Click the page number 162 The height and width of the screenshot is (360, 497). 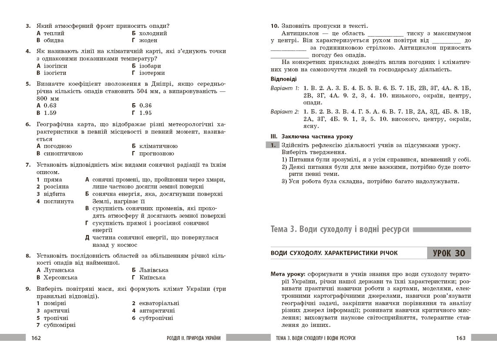click(36, 338)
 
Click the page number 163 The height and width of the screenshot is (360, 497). click(460, 338)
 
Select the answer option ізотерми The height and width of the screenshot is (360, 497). click(152, 73)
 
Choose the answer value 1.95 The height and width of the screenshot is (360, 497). click(145, 113)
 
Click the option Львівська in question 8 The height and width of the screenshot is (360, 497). click(154, 270)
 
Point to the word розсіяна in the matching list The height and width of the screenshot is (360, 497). click(56, 186)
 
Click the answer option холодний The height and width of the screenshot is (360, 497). click(153, 33)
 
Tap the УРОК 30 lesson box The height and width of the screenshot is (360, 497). click(449, 253)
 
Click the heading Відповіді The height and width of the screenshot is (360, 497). click(283, 79)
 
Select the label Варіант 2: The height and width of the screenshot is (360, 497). click(285, 111)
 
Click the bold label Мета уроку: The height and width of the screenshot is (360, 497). click(288, 274)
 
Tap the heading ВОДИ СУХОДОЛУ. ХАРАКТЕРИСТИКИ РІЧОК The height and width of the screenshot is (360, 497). click(334, 253)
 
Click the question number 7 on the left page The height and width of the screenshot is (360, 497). click(28, 165)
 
